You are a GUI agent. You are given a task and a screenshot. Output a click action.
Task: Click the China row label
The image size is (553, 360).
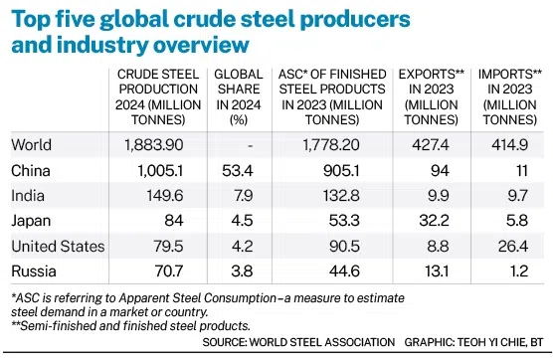(x=30, y=169)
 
